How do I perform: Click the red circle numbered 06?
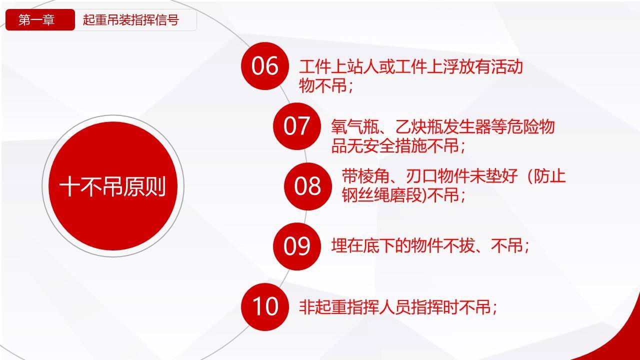[265, 66]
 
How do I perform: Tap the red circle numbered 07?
[297, 126]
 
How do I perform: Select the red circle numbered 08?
[307, 186]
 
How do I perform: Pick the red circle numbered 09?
[297, 246]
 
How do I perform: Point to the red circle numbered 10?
[265, 307]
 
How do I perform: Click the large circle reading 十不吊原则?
[113, 186]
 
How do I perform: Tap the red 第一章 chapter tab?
[40, 19]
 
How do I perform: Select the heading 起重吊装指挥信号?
[131, 20]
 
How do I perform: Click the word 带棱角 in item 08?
[365, 176]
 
